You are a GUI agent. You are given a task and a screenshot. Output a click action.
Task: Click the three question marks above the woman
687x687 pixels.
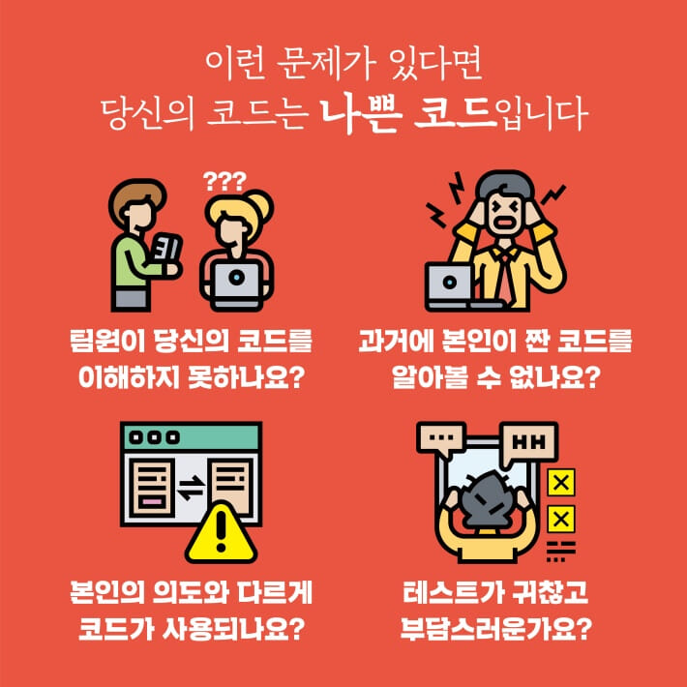[225, 179]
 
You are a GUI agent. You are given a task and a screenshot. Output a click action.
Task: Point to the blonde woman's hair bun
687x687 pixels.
[260, 203]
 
